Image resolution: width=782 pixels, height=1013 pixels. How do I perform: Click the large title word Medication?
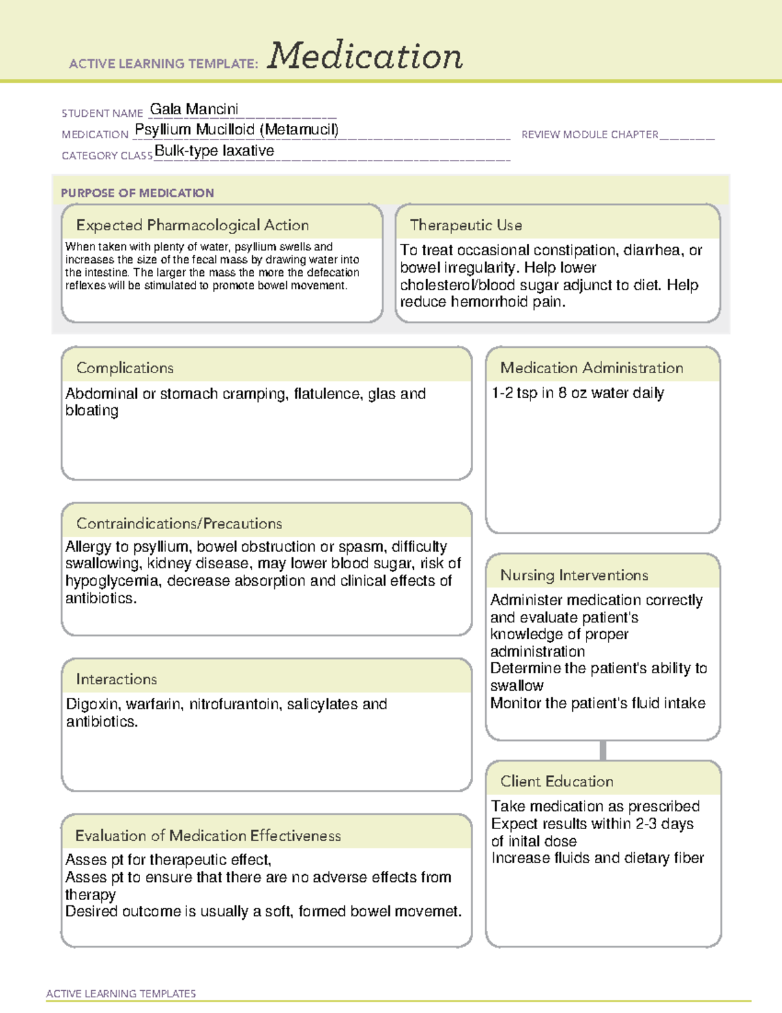point(365,56)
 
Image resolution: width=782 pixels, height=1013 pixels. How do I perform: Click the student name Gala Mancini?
point(194,109)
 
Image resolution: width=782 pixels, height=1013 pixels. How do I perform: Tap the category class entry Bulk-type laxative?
point(214,151)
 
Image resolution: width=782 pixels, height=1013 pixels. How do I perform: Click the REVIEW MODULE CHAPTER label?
point(590,134)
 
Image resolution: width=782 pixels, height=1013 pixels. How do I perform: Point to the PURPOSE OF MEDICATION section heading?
point(138,193)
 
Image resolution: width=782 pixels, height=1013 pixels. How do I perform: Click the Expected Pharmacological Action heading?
point(192,225)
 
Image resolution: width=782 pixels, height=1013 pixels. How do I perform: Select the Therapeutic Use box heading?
point(466,225)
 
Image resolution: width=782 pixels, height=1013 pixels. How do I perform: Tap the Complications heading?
point(125,368)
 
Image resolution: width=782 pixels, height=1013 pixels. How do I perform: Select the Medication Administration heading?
point(592,368)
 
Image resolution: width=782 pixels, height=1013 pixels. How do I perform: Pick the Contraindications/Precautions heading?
point(179,523)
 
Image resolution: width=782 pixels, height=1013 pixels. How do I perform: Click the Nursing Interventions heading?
point(574,575)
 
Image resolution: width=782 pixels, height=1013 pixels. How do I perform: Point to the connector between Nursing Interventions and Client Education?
point(603,750)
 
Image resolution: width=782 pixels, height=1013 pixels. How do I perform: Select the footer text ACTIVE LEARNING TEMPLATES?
point(121,993)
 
